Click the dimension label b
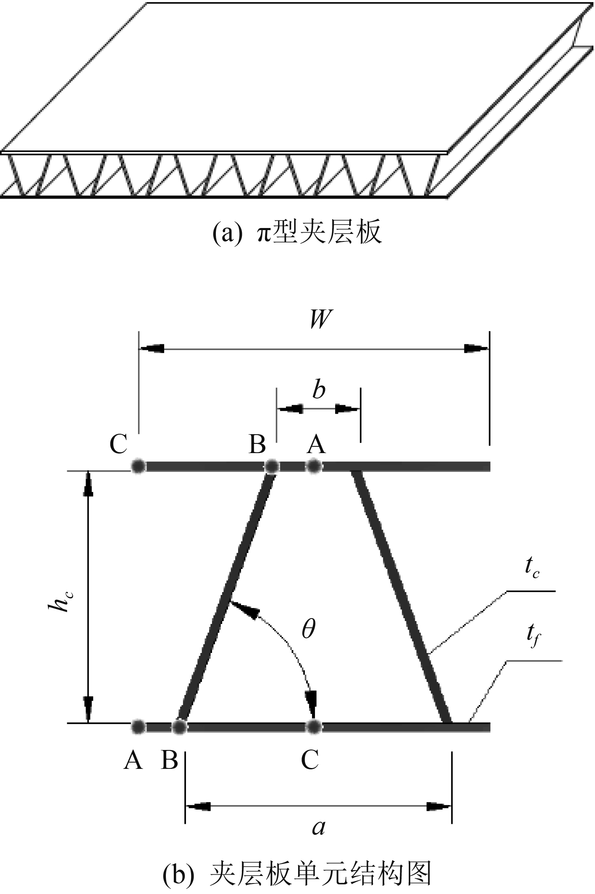(319, 390)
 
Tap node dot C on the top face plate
(138, 466)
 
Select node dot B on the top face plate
(272, 466)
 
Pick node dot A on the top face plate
(313, 466)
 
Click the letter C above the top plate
(118, 444)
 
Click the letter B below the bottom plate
(170, 760)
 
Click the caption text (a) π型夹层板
(297, 232)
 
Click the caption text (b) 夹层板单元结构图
(297, 874)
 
